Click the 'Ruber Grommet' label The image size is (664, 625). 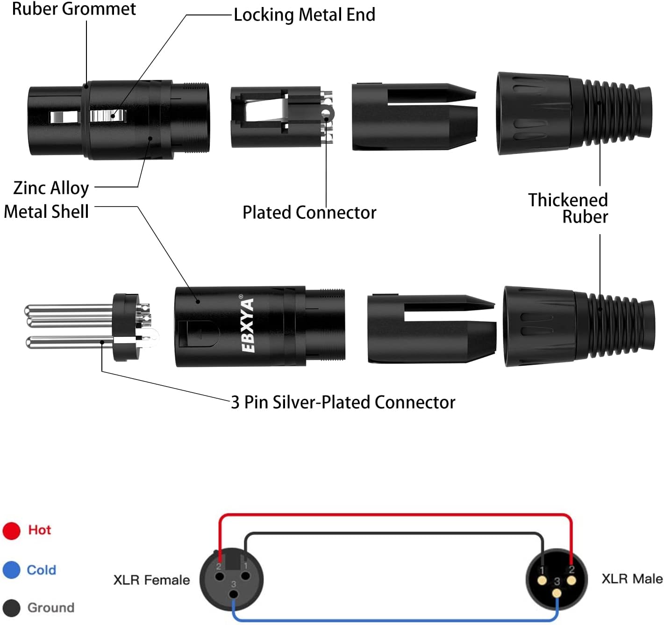[74, 9]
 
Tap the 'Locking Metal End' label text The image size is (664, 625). [304, 15]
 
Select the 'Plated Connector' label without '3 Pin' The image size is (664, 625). [309, 213]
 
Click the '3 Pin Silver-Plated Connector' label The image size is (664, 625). [343, 402]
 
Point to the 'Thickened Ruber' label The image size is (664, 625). [568, 208]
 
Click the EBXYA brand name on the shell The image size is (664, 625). [248, 325]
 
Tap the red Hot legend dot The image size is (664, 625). [11, 531]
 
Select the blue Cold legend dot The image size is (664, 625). [11, 570]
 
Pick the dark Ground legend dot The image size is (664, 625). [11, 608]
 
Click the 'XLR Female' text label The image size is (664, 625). [151, 580]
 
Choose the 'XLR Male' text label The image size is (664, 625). [632, 579]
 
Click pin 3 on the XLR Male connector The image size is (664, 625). [557, 593]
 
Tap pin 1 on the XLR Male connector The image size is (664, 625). [542, 581]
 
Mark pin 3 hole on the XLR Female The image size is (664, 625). [233, 594]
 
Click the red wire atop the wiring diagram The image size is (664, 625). [395, 515]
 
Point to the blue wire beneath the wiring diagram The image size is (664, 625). [395, 620]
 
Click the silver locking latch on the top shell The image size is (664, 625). [108, 115]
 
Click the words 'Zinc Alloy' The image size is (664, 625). [51, 188]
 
